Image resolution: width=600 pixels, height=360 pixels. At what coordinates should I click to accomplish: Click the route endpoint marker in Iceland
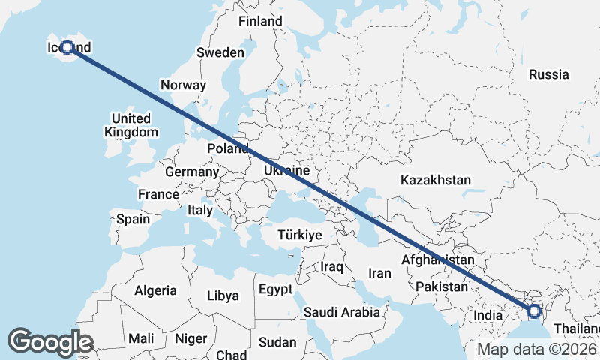click(67, 47)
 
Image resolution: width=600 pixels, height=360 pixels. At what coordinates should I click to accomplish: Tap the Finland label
click(260, 21)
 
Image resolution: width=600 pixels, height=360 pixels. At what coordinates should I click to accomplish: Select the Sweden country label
click(220, 52)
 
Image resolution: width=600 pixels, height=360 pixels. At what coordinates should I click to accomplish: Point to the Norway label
click(183, 85)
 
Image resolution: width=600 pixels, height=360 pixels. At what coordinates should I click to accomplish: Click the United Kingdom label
click(131, 125)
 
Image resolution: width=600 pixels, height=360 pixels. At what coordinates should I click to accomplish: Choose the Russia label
click(548, 74)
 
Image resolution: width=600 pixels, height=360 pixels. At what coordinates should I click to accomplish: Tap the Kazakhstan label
click(436, 180)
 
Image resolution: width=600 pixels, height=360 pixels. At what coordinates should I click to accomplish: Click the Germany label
click(192, 172)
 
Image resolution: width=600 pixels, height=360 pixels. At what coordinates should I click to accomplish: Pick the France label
click(158, 194)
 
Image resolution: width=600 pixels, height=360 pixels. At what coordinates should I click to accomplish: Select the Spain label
click(133, 220)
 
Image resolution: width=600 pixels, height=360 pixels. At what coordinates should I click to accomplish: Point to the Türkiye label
click(300, 235)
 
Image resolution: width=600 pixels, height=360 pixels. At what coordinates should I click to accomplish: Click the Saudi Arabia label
click(340, 311)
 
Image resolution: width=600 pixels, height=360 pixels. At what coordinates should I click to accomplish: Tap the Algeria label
click(155, 290)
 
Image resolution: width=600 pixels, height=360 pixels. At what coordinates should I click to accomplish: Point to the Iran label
click(380, 273)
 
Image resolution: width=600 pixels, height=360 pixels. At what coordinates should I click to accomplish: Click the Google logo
click(50, 342)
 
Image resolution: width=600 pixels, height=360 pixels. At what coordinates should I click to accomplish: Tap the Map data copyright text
click(537, 349)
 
